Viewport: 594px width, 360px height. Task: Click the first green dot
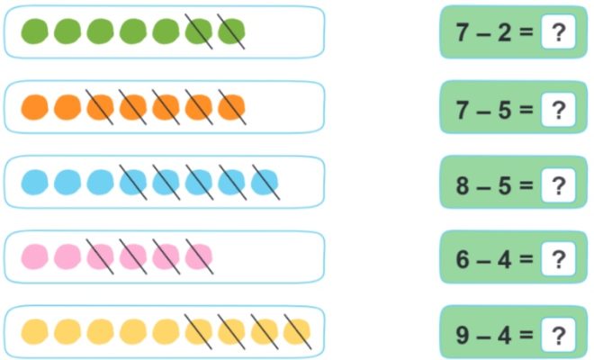34,31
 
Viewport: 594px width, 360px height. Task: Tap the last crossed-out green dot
231,31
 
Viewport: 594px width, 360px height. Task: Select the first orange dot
34,107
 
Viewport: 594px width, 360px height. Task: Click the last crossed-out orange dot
231,107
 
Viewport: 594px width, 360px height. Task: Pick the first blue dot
34,183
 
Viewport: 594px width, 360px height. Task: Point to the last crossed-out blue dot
265,183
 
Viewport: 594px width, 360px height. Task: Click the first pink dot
34,256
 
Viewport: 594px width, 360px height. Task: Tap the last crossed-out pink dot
199,256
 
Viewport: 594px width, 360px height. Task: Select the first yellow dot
34,331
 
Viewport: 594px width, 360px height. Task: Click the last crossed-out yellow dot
297,331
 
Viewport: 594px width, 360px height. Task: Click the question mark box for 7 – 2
558,31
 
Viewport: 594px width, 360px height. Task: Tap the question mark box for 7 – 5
558,110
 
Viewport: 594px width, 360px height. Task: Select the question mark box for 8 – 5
558,185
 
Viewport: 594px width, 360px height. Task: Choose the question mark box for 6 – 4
558,259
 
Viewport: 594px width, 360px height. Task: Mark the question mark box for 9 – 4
558,335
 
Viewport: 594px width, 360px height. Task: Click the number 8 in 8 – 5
463,185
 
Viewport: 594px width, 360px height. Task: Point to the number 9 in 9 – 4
463,335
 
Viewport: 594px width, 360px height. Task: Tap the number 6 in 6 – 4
463,259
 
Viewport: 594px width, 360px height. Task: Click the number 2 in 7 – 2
504,31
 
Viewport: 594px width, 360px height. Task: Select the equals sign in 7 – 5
526,110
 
